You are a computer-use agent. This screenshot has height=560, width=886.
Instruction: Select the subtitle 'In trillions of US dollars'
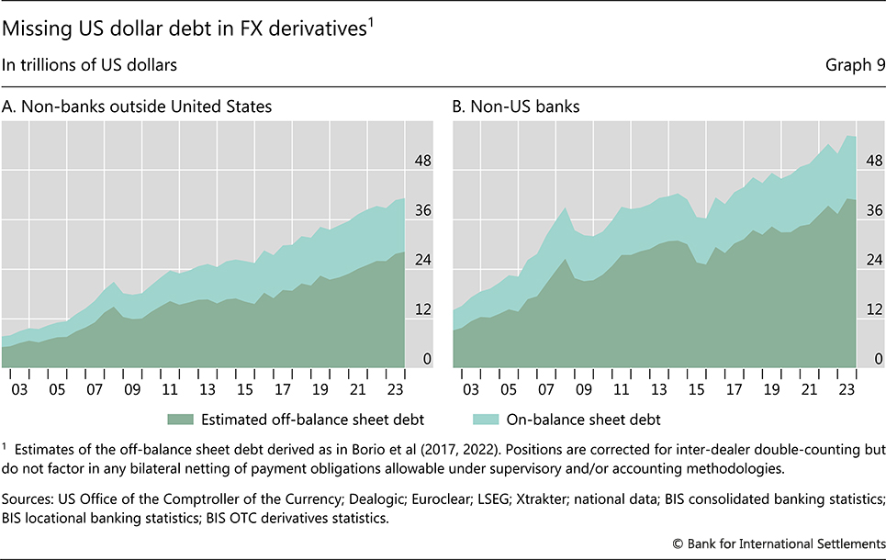point(89,65)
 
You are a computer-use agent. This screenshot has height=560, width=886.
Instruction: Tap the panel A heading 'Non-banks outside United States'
point(138,107)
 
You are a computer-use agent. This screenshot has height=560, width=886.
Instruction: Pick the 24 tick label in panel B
point(873,261)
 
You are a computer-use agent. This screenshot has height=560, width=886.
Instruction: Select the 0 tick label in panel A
point(426,359)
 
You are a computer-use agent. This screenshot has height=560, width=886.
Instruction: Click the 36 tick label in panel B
point(873,211)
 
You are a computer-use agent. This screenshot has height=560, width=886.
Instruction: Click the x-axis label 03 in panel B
point(471,388)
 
